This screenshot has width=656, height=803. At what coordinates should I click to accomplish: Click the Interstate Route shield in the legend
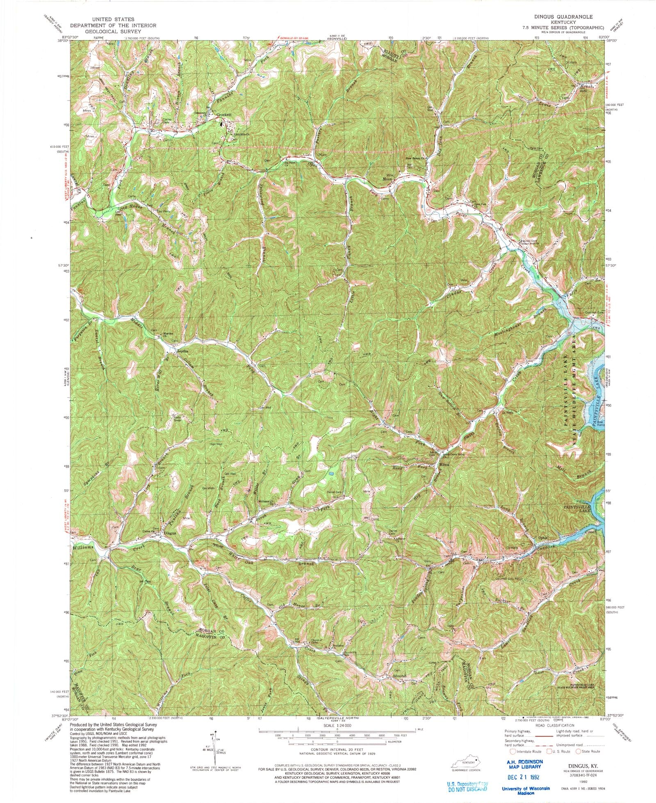(512, 751)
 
